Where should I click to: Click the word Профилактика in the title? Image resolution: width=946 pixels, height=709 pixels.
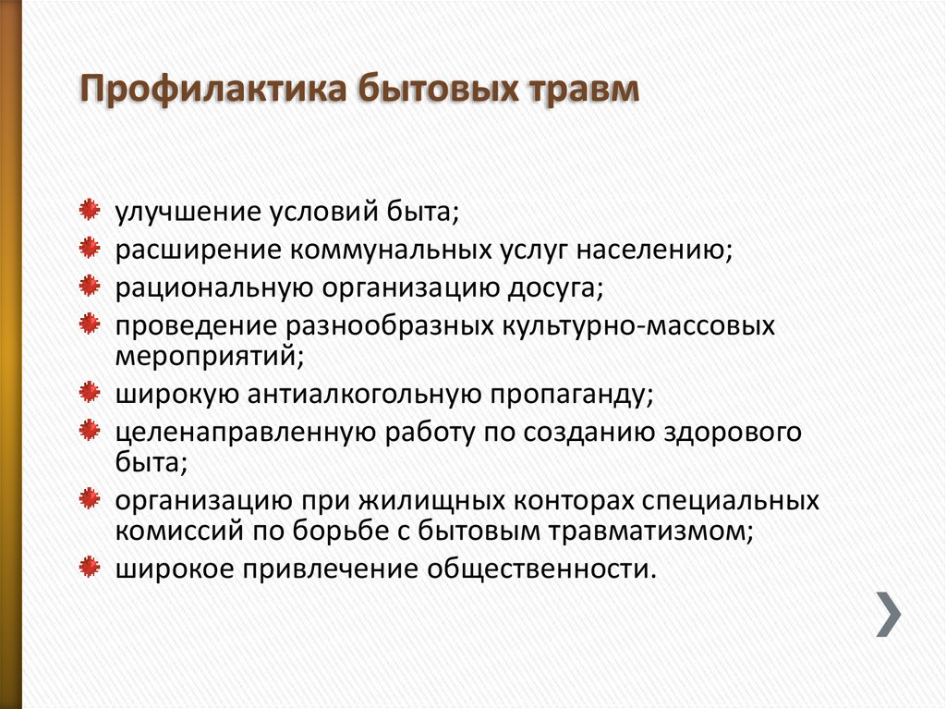(x=213, y=90)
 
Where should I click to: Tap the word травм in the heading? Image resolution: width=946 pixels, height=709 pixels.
(x=584, y=90)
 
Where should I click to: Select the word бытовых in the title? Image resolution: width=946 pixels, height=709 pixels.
(x=438, y=90)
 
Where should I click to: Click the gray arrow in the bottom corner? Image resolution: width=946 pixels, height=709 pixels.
(x=889, y=614)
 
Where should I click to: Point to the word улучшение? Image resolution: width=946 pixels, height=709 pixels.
(x=188, y=213)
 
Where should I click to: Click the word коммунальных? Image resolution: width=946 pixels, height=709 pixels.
(x=391, y=250)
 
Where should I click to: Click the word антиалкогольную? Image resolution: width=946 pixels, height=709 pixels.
(x=364, y=395)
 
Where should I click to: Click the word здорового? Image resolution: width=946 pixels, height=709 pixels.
(x=733, y=434)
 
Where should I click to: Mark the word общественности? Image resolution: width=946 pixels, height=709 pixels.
(x=541, y=569)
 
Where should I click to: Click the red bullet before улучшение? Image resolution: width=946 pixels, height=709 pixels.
(x=90, y=210)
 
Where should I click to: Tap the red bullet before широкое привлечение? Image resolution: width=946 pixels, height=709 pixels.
(x=90, y=567)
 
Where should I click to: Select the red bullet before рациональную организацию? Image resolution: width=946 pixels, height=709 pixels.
(x=90, y=286)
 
